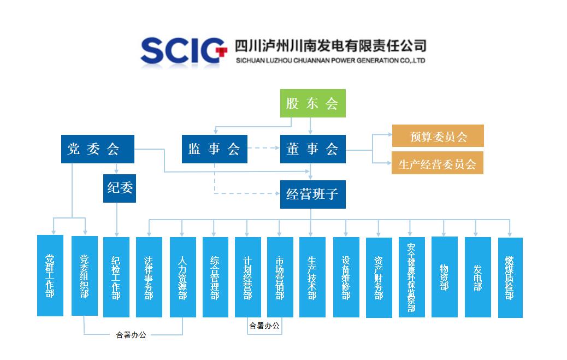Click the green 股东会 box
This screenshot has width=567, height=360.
313,103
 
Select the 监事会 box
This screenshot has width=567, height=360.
214,149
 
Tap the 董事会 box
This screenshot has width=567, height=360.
312,149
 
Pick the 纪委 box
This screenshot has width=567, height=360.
120,188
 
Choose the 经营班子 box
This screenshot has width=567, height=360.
312,194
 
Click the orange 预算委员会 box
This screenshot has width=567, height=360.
438,136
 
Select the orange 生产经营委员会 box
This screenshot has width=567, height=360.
438,163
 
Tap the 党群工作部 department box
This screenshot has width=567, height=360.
50,275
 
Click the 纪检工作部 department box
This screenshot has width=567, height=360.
116,276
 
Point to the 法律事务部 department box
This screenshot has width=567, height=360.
149,276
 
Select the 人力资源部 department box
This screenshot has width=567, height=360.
182,276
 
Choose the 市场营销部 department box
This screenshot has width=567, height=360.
280,276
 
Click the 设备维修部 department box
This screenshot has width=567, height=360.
346,276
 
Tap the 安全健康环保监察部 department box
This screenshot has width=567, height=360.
411,276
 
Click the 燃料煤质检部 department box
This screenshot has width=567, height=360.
510,277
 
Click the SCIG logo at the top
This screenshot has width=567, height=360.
183,51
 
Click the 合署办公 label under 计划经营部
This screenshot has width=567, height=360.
264,326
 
